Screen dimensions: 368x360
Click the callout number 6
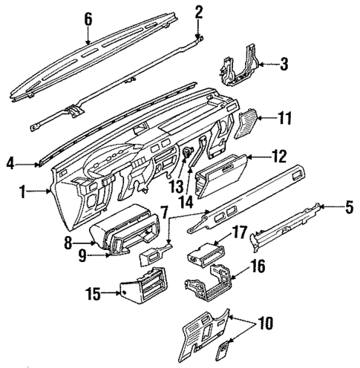[x=88, y=19]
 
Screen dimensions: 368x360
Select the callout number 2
[x=198, y=10]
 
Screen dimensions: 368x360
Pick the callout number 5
[x=349, y=208]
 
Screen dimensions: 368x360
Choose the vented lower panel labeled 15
[x=144, y=289]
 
